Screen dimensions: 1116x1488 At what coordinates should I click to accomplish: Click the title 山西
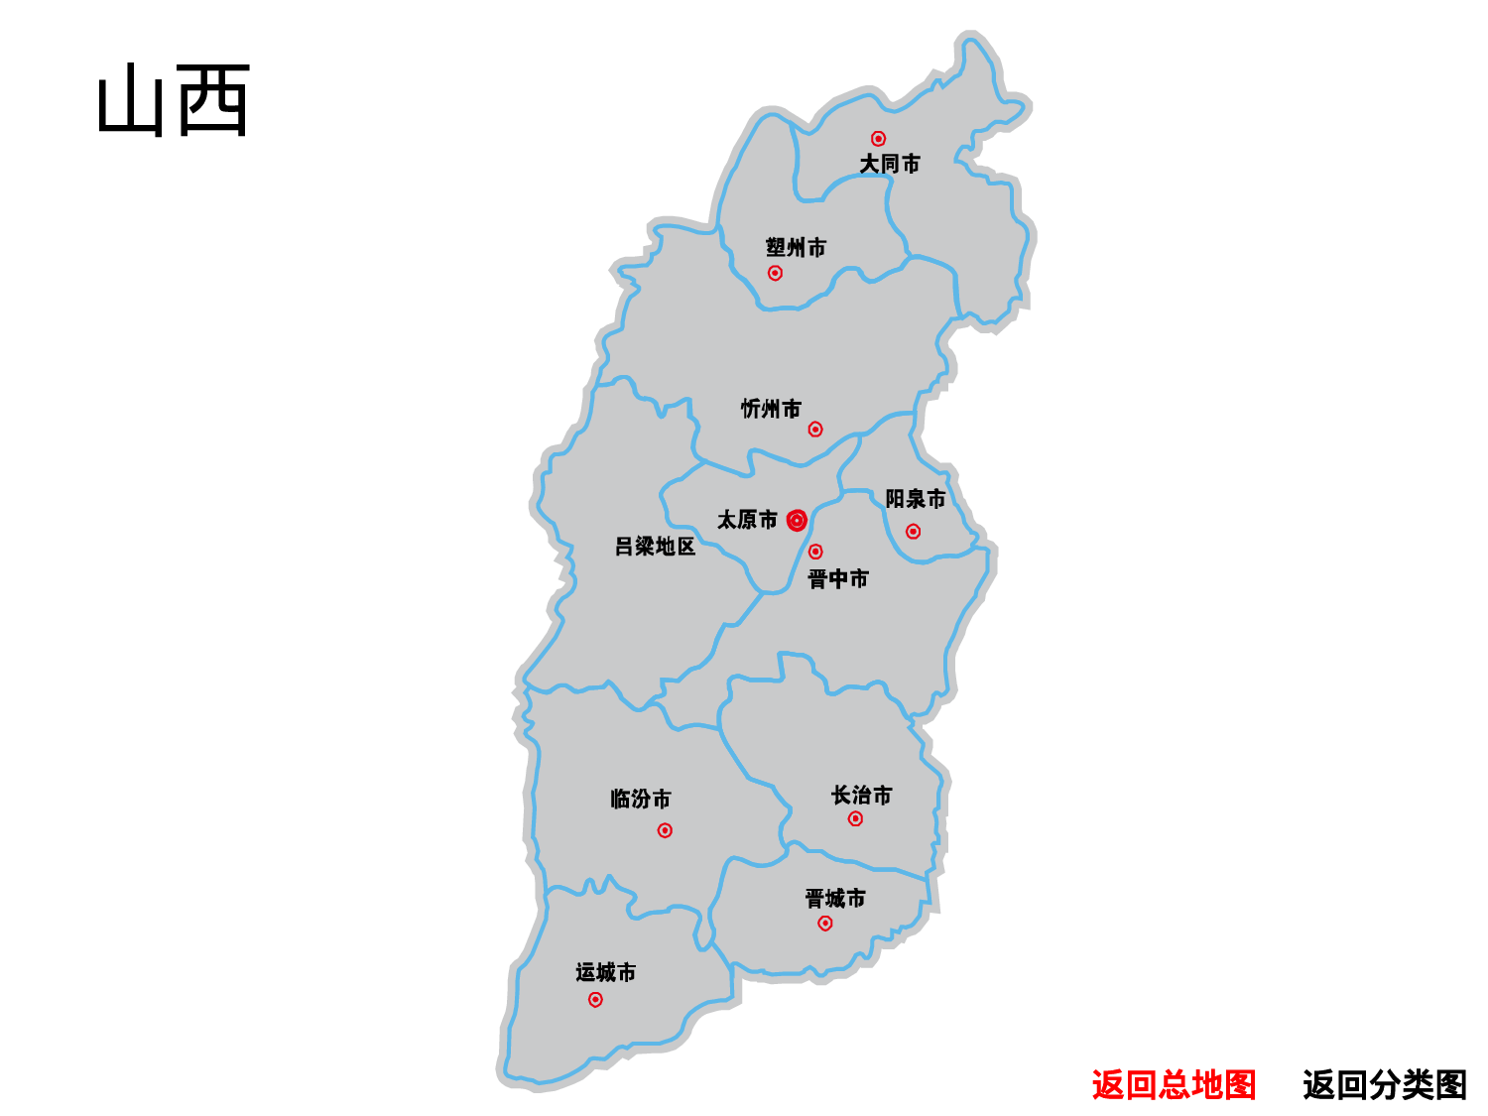click(x=174, y=100)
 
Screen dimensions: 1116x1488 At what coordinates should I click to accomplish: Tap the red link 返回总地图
click(x=1174, y=1084)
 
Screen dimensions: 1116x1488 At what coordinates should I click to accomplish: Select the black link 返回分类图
click(x=1384, y=1084)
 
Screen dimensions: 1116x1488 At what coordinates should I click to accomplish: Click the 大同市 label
click(x=889, y=164)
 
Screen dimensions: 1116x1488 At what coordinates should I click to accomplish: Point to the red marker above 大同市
click(x=878, y=139)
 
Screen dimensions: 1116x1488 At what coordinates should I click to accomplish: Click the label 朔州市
click(x=796, y=247)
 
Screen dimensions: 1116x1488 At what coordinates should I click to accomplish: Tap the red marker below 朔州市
click(x=775, y=273)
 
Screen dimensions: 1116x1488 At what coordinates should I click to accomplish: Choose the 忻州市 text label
click(x=771, y=409)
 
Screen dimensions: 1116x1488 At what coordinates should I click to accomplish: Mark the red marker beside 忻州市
click(x=815, y=430)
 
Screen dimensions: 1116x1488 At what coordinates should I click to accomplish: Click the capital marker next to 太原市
click(x=797, y=521)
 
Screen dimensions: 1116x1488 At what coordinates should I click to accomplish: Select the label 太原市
click(x=747, y=520)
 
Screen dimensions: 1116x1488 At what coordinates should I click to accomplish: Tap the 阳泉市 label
click(x=915, y=498)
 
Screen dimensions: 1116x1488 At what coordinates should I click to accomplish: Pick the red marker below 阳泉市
click(x=913, y=532)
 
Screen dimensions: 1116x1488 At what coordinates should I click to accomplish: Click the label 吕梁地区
click(x=655, y=547)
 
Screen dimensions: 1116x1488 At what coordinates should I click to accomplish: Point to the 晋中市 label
click(x=838, y=578)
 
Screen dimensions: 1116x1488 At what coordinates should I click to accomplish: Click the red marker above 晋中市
click(x=815, y=552)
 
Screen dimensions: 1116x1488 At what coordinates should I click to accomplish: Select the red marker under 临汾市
click(x=665, y=830)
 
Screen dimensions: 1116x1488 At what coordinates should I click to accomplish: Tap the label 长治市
click(x=861, y=795)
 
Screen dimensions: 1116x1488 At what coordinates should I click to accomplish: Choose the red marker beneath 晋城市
click(x=825, y=924)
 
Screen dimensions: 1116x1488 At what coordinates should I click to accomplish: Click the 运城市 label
click(x=605, y=972)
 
